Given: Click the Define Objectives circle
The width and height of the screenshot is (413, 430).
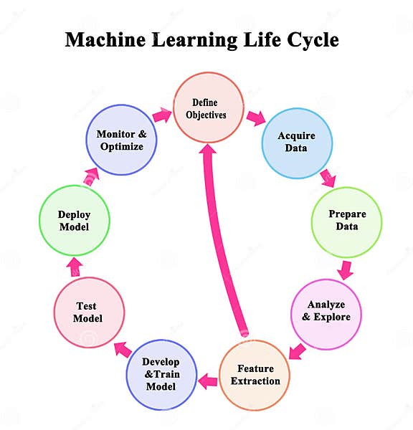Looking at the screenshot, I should click(209, 107).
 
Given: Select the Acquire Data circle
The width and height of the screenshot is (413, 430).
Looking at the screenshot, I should click(296, 142).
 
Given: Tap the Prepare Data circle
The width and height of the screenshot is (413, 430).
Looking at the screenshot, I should click(347, 221).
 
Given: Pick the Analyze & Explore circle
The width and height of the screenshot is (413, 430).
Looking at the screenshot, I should click(326, 310).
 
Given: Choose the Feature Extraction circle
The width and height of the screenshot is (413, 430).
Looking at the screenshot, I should click(255, 375).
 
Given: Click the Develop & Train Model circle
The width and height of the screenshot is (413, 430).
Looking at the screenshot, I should click(161, 375).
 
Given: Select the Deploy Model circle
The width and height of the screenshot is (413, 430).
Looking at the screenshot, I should click(74, 221).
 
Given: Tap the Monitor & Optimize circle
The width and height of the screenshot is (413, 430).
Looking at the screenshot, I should click(120, 140).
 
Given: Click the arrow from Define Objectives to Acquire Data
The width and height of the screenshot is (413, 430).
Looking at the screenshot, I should click(255, 118).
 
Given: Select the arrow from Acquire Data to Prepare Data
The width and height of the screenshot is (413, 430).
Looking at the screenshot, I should click(328, 177).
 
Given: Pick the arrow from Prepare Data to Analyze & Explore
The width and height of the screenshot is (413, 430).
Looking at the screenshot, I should click(346, 269).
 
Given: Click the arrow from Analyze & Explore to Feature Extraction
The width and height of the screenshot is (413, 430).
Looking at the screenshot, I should click(298, 351).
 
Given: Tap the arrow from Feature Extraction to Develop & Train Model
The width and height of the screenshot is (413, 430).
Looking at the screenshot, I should click(208, 381).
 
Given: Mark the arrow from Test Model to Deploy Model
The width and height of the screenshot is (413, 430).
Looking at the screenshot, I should click(75, 267).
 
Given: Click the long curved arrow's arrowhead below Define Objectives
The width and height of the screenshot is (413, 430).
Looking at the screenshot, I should click(209, 153).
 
